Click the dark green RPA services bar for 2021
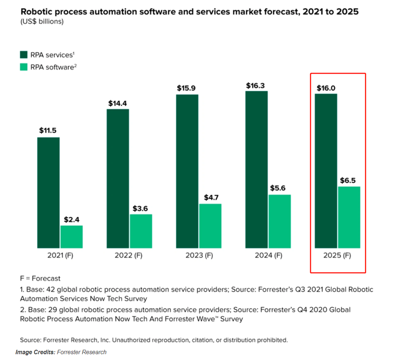pyautogui.click(x=48, y=192)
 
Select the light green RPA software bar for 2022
pyautogui.click(x=140, y=231)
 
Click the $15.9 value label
pyautogui.click(x=187, y=88)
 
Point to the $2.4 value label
pyautogui.click(x=72, y=219)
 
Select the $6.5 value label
pyautogui.click(x=349, y=180)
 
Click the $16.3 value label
pyautogui.click(x=256, y=85)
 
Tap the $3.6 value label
pyautogui.click(x=140, y=208)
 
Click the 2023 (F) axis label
pyautogui.click(x=199, y=255)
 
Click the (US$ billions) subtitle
pyautogui.click(x=42, y=22)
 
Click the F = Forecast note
pyautogui.click(x=40, y=278)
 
